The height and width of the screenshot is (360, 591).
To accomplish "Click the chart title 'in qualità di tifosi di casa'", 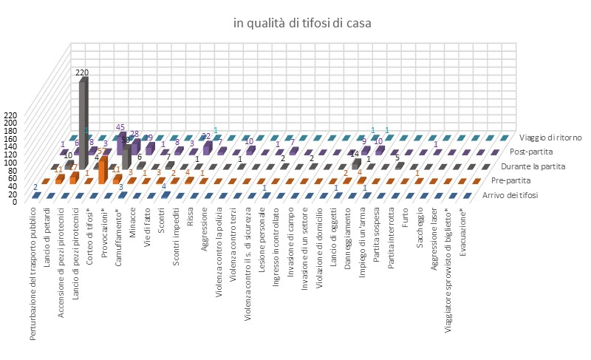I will tap(302, 23).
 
